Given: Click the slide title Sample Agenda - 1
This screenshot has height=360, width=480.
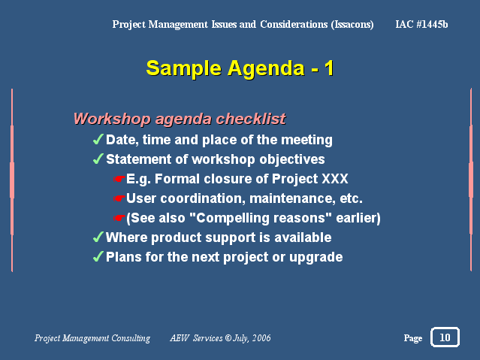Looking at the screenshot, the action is click(x=240, y=68).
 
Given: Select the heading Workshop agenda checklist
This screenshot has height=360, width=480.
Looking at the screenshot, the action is click(x=180, y=119).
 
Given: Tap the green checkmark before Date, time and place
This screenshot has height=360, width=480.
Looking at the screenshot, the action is click(x=98, y=139).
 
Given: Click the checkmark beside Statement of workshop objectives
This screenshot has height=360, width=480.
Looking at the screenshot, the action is click(x=98, y=159).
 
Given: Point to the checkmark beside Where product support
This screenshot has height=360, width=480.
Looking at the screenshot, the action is click(x=98, y=237).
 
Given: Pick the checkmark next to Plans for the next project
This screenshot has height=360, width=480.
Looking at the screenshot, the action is click(x=98, y=257).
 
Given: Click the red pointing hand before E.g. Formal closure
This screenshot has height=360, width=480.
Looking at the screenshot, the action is click(x=119, y=179).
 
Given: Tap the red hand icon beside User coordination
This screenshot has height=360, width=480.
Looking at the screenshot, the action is click(x=119, y=198).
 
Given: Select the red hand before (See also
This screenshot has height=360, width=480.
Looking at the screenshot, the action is click(x=119, y=218).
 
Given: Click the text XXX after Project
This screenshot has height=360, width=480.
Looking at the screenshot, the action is click(x=335, y=179).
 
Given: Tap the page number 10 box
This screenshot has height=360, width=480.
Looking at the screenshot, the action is click(x=445, y=337).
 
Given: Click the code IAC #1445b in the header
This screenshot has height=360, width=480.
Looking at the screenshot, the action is click(x=421, y=24).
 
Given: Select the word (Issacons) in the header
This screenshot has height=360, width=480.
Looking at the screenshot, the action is click(x=352, y=25).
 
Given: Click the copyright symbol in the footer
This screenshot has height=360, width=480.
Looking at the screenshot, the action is click(x=228, y=337).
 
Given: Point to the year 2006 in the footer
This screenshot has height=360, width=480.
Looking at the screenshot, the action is click(x=261, y=338).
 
